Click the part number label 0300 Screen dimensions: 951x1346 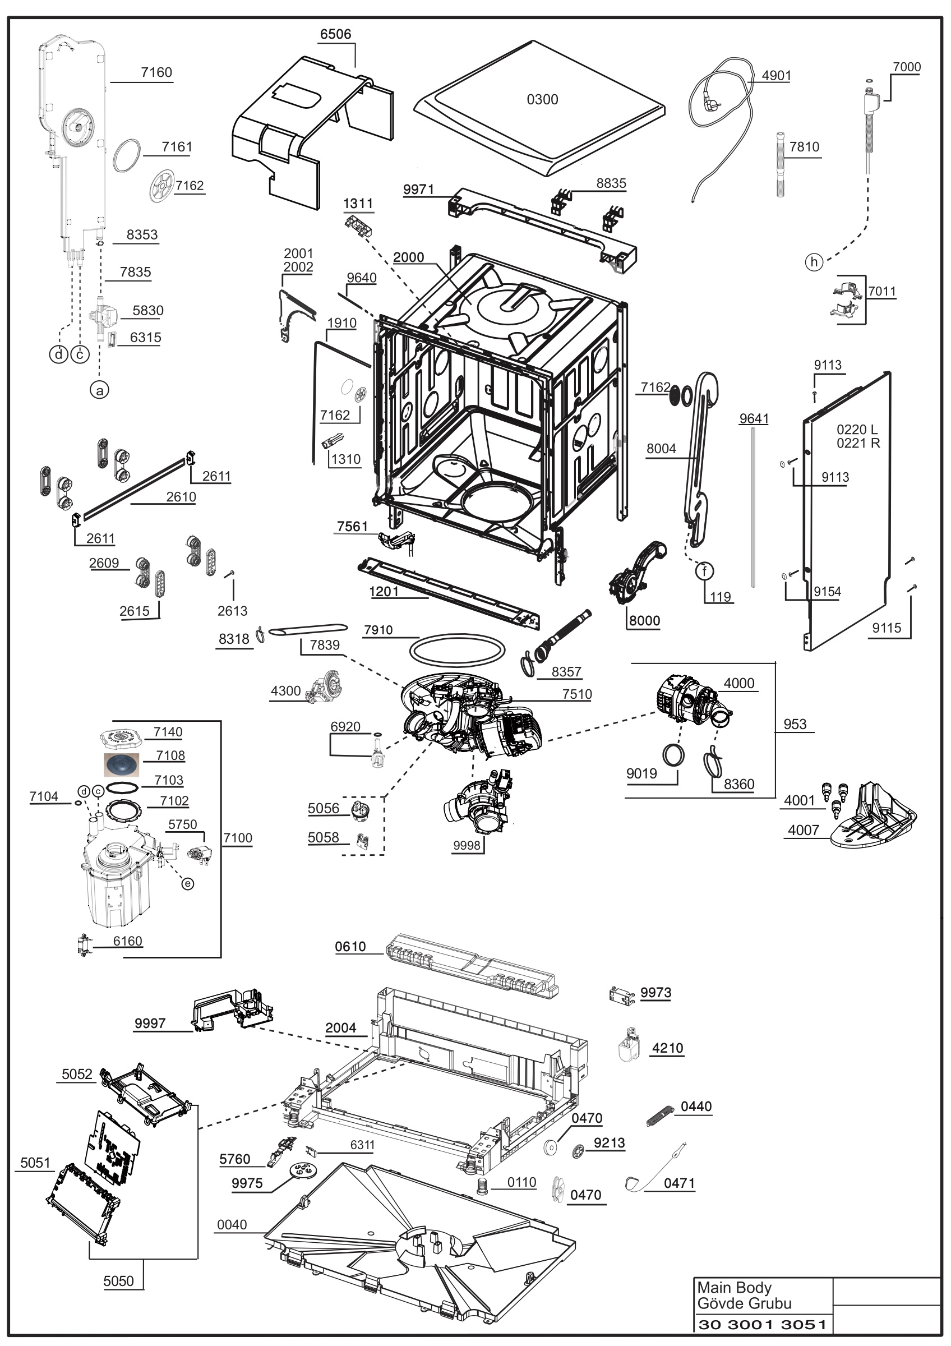coord(542,100)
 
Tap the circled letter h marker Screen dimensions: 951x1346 coord(814,262)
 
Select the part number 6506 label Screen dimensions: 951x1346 coord(336,34)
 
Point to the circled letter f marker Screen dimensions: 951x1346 coord(704,570)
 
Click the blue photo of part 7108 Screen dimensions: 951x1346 coord(122,765)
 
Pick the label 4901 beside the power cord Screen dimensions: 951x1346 coord(777,76)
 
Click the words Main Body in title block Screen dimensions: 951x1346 coord(734,1287)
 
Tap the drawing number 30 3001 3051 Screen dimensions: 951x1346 coord(763,1324)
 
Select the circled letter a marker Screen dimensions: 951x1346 coord(99,390)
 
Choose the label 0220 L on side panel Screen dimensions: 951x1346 coord(857,429)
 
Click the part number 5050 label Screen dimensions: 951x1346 coord(118,1281)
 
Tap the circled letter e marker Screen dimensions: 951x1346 coord(187,883)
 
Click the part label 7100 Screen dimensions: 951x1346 coord(238,838)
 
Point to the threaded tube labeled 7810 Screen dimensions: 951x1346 coord(781,165)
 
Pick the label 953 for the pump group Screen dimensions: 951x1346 coord(795,724)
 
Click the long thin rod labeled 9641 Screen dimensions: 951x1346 coord(753,507)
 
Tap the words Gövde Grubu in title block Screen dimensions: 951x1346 coord(744,1303)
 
